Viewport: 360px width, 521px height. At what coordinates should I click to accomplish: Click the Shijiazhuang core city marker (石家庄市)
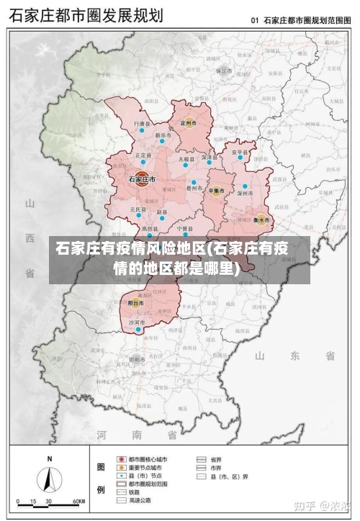(143, 180)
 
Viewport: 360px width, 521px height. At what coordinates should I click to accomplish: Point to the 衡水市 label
(261, 219)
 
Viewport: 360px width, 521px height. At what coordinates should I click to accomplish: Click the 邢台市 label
(136, 304)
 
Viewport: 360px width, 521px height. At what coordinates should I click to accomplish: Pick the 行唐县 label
(143, 124)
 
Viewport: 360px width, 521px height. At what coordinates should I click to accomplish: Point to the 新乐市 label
(163, 135)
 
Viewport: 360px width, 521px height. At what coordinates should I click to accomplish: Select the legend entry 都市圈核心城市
(148, 458)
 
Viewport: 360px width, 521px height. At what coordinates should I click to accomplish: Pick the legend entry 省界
(215, 458)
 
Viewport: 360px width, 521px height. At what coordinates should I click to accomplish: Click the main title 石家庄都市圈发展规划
(86, 15)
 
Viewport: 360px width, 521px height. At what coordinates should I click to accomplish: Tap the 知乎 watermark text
(308, 507)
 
